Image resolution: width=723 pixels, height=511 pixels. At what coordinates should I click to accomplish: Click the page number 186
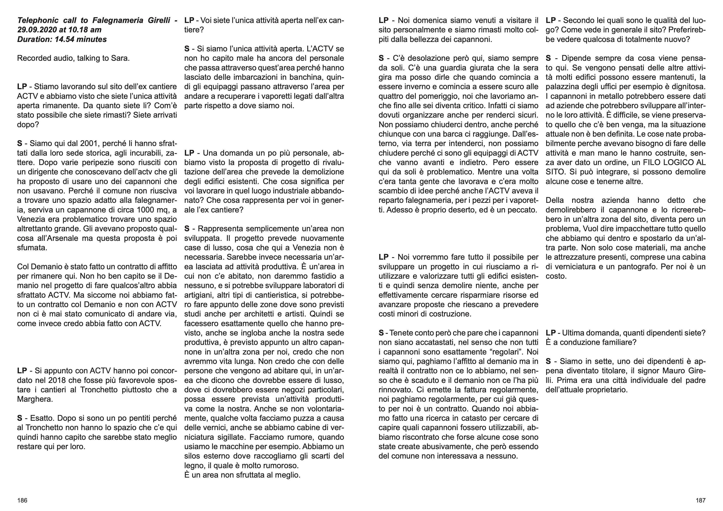(x=22, y=500)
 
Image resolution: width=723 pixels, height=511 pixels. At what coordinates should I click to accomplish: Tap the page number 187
(x=701, y=500)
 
